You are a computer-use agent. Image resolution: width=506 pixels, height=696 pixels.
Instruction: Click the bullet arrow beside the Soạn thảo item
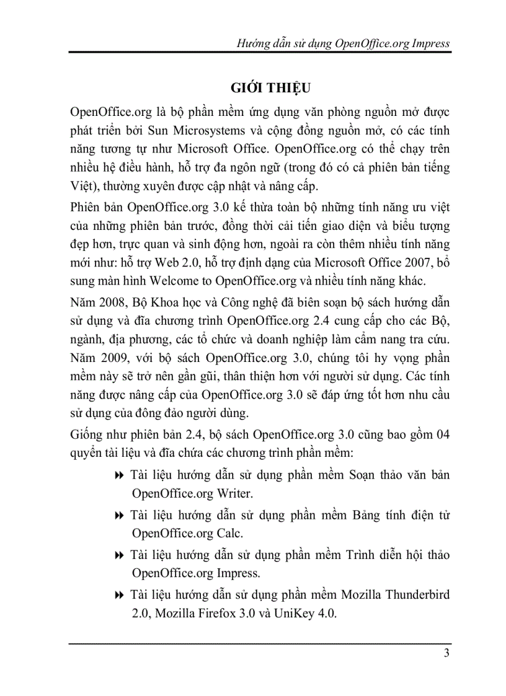pos(120,476)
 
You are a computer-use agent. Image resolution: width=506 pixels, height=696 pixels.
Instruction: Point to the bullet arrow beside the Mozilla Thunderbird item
pos(120,596)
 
